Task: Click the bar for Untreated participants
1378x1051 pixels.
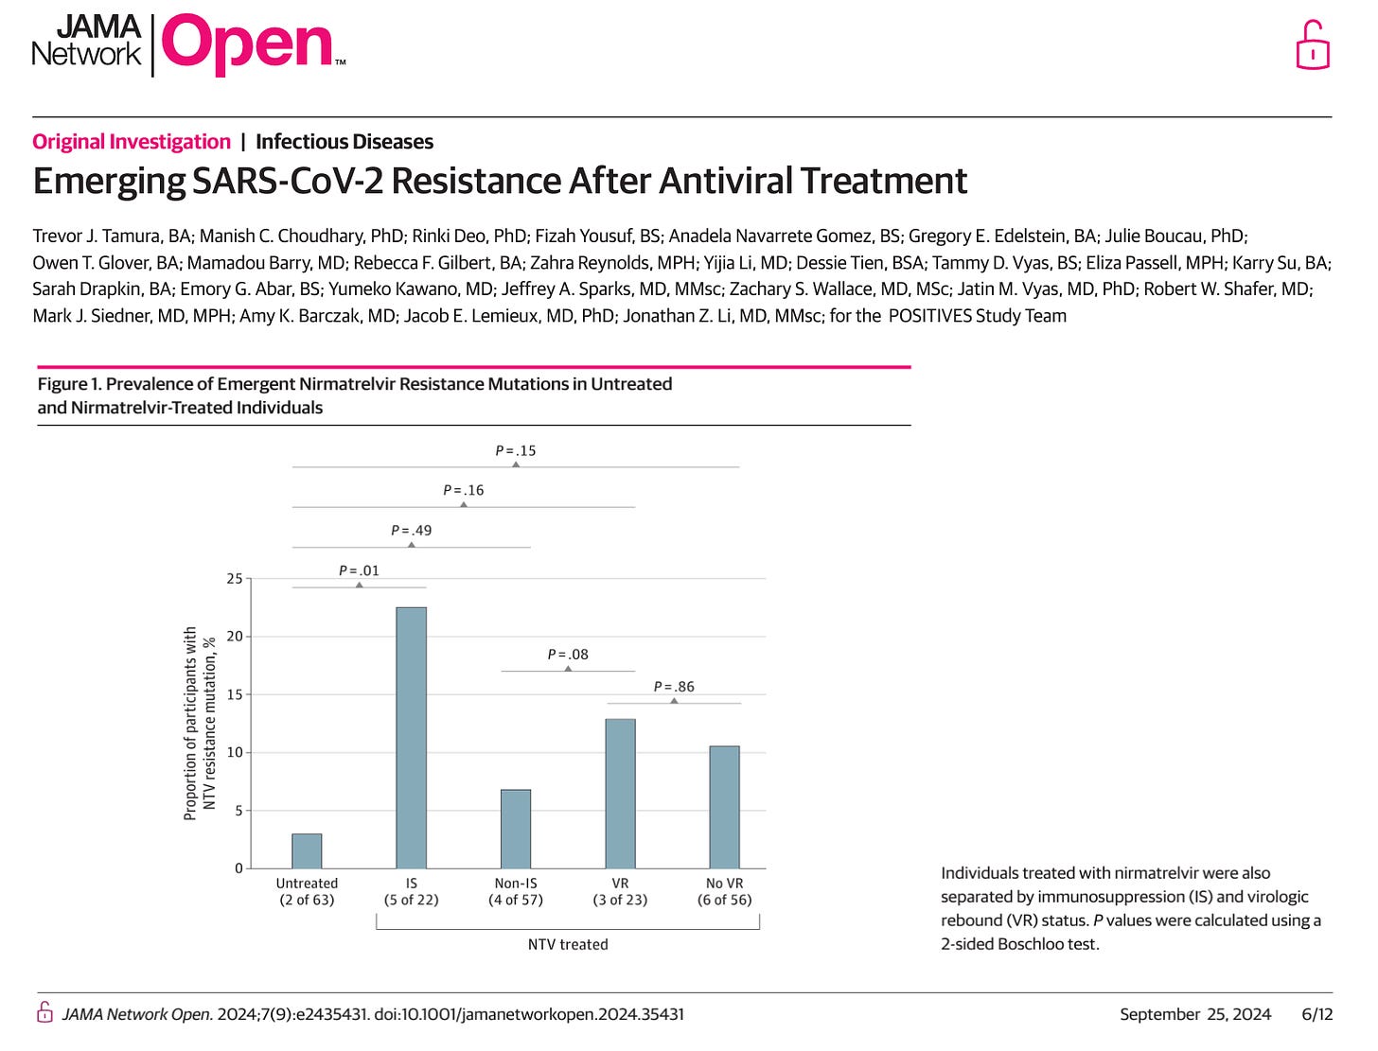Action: [307, 851]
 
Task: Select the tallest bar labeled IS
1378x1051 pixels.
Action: [411, 738]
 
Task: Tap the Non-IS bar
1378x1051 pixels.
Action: [516, 829]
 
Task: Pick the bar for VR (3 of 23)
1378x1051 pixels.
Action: [620, 794]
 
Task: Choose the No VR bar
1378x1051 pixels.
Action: [724, 807]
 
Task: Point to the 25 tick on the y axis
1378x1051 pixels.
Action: [234, 578]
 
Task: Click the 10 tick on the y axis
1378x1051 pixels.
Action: [234, 752]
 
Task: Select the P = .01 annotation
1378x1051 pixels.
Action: [359, 570]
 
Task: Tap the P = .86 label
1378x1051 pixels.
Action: [674, 687]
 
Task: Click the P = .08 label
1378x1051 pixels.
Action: [568, 655]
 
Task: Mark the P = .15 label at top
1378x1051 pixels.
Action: [516, 451]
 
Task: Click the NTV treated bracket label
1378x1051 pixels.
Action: [568, 944]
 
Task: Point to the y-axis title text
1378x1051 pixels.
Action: [200, 723]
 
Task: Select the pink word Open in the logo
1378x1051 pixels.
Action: [247, 44]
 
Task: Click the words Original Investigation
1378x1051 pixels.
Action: [132, 142]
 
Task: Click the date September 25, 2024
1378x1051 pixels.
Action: [1195, 1014]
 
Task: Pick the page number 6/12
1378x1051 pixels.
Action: [1317, 1014]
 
